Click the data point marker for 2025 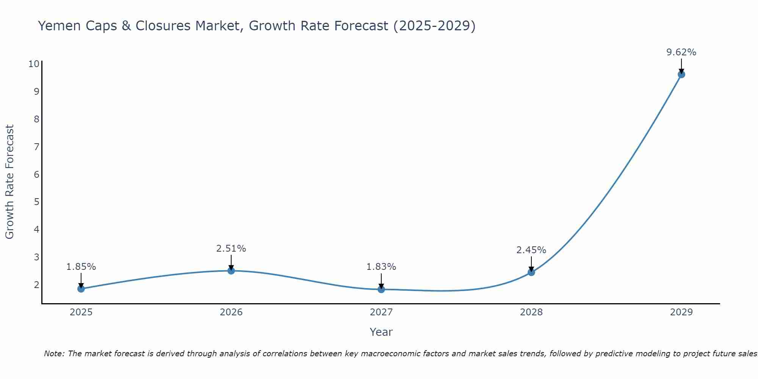click(81, 289)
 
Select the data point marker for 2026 click(231, 271)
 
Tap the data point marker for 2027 click(381, 290)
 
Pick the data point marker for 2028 click(531, 272)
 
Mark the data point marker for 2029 click(681, 74)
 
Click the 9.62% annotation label click(681, 52)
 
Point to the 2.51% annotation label click(231, 249)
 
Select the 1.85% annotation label click(81, 267)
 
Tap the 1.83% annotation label click(381, 267)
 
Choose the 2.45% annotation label click(531, 250)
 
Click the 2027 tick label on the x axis click(381, 312)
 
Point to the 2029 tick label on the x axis click(681, 312)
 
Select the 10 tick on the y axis click(34, 64)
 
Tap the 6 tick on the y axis click(37, 174)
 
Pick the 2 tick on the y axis click(37, 285)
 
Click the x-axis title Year click(381, 332)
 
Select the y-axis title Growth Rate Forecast click(9, 182)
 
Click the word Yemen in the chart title click(59, 26)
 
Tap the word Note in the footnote click(54, 354)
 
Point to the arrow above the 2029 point click(681, 66)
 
